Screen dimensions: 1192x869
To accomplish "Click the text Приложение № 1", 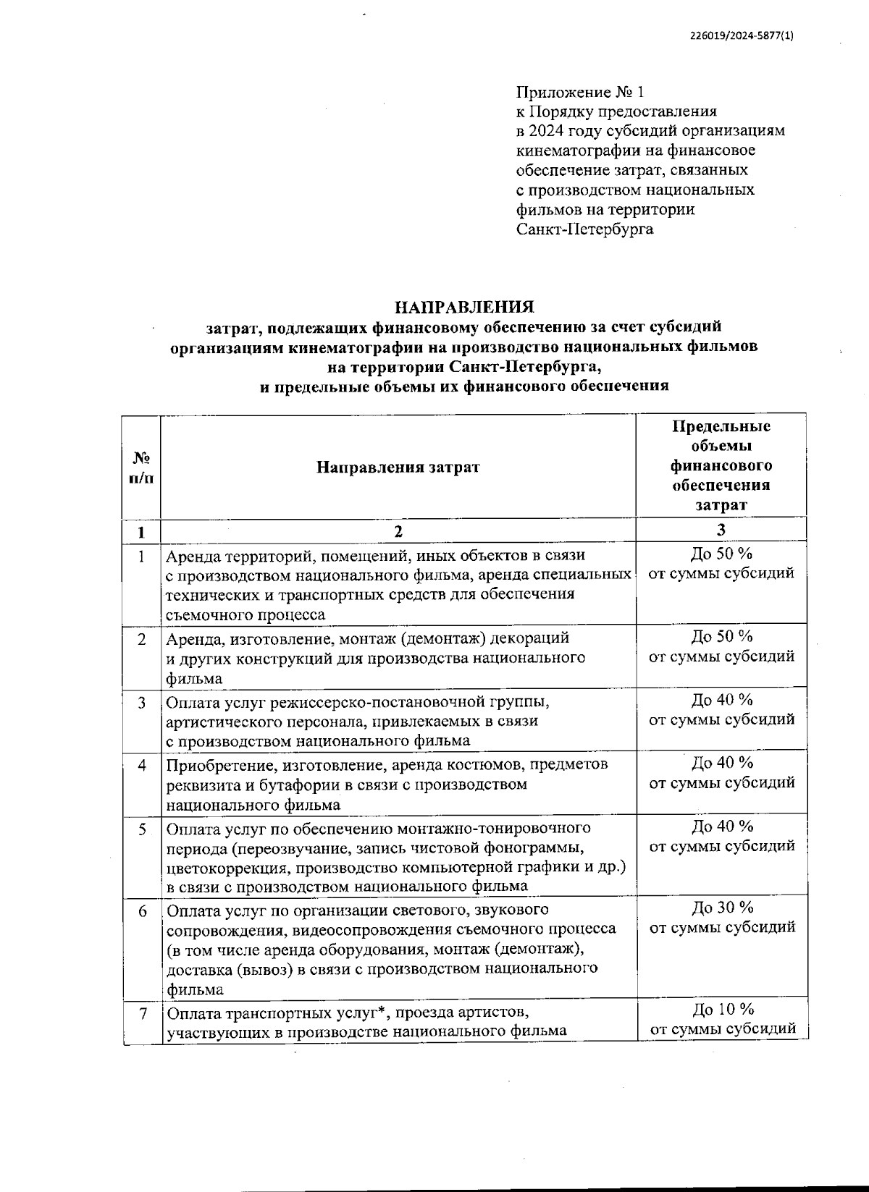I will tap(579, 92).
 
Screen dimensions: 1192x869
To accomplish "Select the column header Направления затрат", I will tap(398, 467).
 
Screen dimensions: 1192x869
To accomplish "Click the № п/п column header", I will tap(141, 468).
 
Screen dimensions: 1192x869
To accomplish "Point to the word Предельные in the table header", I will tap(721, 426).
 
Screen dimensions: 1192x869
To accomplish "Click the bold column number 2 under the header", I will tap(398, 531).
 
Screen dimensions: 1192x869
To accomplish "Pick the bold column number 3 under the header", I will tap(721, 531).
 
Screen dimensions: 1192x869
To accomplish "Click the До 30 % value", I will tap(722, 908).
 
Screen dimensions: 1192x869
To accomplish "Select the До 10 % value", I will tap(722, 1009).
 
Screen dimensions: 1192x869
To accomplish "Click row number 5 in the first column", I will tap(142, 828).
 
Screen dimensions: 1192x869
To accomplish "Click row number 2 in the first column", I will tap(142, 639).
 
